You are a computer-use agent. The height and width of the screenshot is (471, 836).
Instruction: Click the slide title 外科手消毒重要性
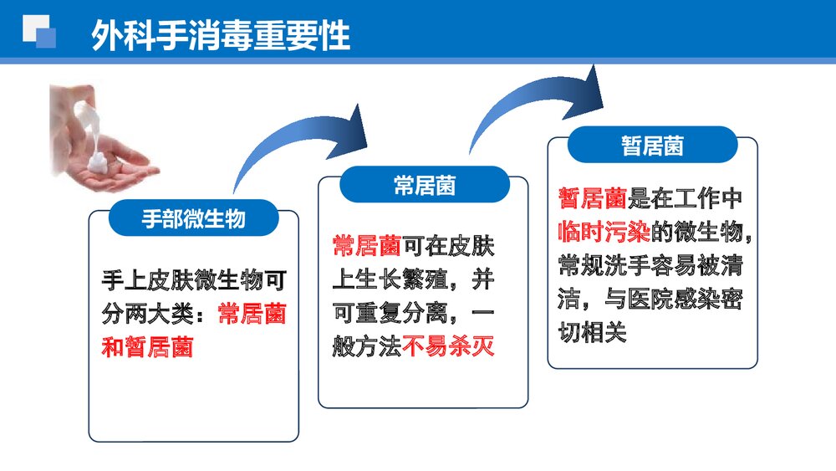(221, 34)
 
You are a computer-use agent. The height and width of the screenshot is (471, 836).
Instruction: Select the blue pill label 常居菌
(425, 185)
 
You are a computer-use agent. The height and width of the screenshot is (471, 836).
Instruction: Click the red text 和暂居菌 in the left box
(147, 346)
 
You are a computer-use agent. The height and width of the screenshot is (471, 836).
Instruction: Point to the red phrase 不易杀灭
(449, 346)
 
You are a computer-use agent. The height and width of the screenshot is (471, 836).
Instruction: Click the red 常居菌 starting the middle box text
(366, 246)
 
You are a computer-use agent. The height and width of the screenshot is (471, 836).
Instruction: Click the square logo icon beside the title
(39, 32)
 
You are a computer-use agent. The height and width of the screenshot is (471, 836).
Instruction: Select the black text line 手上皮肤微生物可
(195, 279)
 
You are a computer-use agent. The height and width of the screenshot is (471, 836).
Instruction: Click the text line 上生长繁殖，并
(413, 279)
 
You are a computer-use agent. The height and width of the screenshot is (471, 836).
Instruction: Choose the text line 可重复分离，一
(413, 312)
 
